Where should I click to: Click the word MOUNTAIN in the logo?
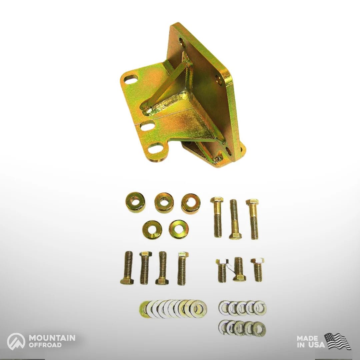(x=52, y=338)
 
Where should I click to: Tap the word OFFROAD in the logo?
(x=45, y=345)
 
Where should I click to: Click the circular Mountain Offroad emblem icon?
(x=16, y=342)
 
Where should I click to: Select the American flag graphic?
(x=337, y=341)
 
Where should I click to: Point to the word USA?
(x=317, y=345)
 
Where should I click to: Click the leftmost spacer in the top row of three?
(x=135, y=202)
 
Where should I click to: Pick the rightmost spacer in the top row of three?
(x=191, y=204)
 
